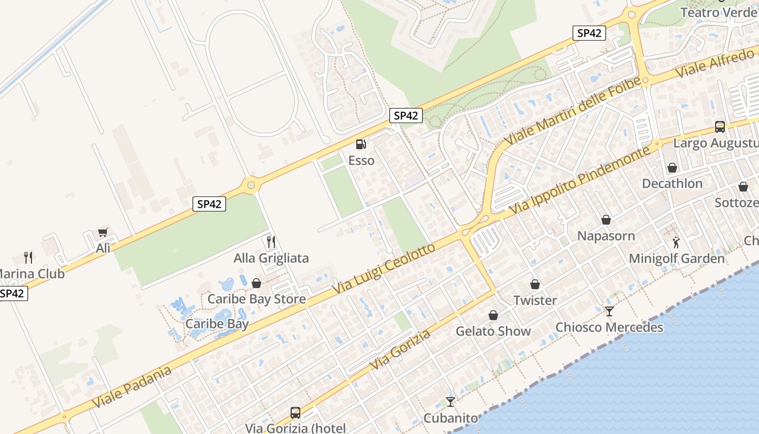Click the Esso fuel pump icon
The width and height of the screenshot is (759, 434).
361,144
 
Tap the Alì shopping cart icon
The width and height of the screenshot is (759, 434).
102,233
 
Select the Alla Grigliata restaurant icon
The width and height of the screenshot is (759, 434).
271,241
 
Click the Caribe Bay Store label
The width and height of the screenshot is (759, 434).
256,299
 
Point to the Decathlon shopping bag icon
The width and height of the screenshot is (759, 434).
672,168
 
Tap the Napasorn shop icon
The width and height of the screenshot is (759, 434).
606,220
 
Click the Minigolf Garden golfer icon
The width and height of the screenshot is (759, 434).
676,242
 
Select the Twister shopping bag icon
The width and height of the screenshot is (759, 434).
535,284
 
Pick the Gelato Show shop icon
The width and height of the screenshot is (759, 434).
493,315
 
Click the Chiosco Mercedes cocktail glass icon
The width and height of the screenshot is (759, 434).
609,311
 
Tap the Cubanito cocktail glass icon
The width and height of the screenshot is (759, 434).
451,402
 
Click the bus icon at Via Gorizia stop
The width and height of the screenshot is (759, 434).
295,413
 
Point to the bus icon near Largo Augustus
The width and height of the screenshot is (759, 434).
720,127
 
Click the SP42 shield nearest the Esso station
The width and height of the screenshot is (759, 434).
406,115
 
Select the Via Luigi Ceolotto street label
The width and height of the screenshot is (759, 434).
383,270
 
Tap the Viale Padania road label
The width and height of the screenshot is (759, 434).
132,387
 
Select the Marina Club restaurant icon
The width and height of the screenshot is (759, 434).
28,258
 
